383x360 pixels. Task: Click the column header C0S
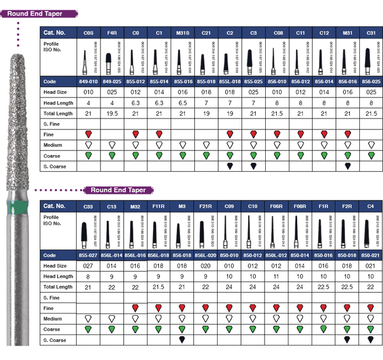click(88, 32)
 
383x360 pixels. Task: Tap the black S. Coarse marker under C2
click(230, 166)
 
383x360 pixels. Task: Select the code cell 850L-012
click(276, 255)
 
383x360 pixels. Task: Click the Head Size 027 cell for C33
click(88, 266)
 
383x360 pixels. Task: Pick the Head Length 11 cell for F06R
click(276, 276)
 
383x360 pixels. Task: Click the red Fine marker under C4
click(370, 308)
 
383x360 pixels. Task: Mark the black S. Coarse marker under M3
click(182, 340)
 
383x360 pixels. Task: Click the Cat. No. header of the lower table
click(55, 206)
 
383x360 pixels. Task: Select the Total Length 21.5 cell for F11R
click(158, 287)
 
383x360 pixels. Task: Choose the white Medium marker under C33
click(88, 318)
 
